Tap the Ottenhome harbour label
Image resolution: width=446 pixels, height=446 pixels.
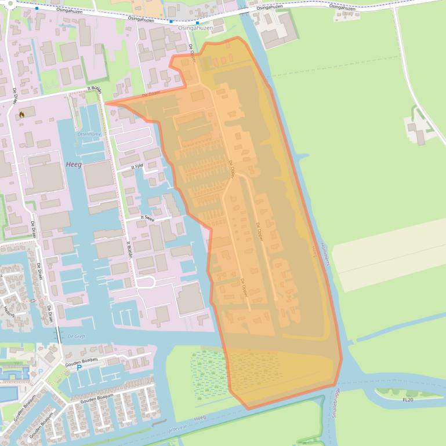click(89, 134)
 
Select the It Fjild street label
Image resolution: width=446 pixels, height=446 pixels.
click(137, 166)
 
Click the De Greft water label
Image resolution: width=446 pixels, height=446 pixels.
click(77, 336)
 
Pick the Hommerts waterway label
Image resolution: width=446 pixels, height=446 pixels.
click(325, 255)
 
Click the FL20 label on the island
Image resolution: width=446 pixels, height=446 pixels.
click(408, 400)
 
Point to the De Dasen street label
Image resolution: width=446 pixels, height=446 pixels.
click(151, 94)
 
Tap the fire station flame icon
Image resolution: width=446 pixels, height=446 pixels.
click(21, 115)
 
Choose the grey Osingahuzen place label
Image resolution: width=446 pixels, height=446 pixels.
click(195, 28)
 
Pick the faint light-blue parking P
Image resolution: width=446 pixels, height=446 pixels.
click(40, 371)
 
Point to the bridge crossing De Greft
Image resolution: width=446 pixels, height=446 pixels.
click(58, 334)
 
